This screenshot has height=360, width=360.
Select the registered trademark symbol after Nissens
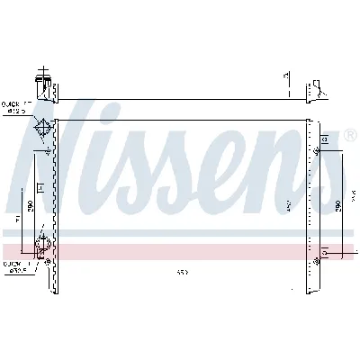[x=349, y=136]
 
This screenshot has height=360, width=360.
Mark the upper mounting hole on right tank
[x=316, y=152]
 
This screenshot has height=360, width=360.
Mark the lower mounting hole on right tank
[x=316, y=260]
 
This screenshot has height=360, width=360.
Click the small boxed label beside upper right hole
[x=325, y=141]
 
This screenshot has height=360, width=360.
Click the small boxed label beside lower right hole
[x=326, y=250]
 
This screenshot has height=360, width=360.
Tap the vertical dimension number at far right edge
[x=355, y=195]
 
